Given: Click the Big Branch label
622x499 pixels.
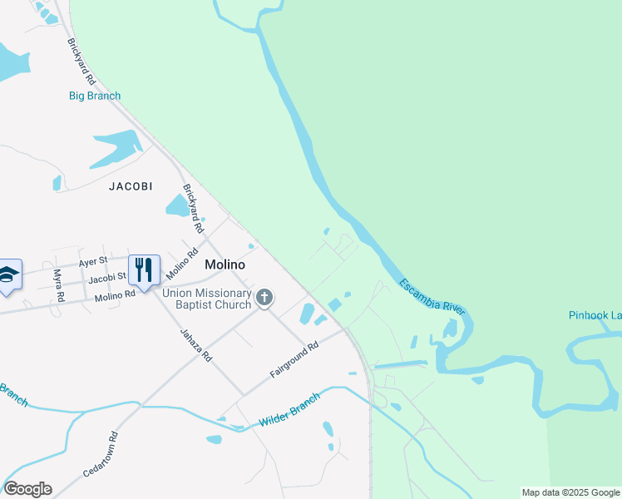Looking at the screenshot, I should click(94, 96).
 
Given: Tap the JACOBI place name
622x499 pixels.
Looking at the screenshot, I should click(131, 186).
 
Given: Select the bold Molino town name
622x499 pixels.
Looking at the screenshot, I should click(225, 264).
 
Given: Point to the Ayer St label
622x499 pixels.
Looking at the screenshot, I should click(92, 260).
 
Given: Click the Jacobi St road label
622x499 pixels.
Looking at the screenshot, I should click(107, 276).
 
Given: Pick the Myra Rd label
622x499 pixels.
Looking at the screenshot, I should click(58, 285).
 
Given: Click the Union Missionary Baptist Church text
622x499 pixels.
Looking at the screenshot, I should click(206, 299).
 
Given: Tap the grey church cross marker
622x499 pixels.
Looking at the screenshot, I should click(264, 298).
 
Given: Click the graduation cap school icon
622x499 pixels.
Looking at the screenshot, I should click(7, 274).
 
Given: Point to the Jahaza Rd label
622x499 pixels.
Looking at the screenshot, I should click(197, 343).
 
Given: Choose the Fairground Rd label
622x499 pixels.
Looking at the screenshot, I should click(294, 360).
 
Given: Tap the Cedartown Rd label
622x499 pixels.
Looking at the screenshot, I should click(101, 454).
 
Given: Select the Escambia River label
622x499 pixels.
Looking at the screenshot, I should click(431, 296).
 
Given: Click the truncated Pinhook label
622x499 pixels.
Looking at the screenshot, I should click(595, 315).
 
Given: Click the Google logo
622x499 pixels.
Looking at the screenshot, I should click(27, 489).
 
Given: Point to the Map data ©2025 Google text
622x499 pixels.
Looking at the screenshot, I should click(570, 492).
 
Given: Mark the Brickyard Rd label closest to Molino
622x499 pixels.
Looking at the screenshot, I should click(192, 209).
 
